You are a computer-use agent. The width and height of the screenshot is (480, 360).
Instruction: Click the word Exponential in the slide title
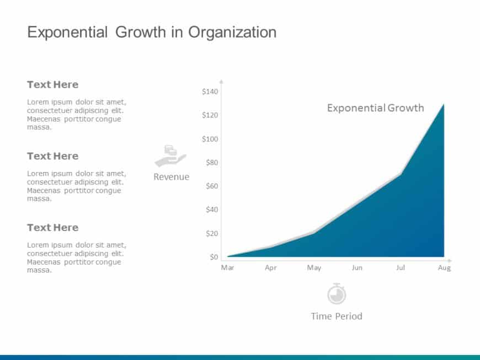(67, 33)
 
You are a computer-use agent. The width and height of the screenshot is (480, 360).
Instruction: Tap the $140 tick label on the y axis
(210, 92)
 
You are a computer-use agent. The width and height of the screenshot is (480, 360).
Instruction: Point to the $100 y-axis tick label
(210, 139)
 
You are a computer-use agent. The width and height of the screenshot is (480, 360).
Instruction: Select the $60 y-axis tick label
(212, 186)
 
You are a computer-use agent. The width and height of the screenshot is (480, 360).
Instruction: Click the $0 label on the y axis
(214, 257)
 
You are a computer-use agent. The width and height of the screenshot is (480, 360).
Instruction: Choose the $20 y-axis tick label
(212, 234)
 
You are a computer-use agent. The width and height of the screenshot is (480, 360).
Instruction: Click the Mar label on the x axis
(227, 268)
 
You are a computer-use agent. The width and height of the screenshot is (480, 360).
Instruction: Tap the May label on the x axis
(314, 268)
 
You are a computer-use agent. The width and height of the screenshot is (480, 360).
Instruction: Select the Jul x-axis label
(401, 268)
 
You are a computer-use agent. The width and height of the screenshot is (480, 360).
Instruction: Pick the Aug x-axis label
(444, 268)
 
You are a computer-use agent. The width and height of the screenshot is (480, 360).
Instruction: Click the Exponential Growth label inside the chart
(375, 108)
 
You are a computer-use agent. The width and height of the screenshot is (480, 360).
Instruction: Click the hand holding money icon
(170, 156)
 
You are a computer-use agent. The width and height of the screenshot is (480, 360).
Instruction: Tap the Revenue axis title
(171, 177)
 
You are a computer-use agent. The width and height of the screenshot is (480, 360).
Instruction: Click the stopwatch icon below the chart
(337, 294)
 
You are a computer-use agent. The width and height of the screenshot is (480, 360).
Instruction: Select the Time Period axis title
(337, 316)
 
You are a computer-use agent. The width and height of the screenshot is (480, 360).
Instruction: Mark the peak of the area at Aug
(444, 104)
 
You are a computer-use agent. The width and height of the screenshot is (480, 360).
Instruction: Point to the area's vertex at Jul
(401, 174)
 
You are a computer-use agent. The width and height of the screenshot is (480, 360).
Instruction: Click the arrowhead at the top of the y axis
(221, 80)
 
